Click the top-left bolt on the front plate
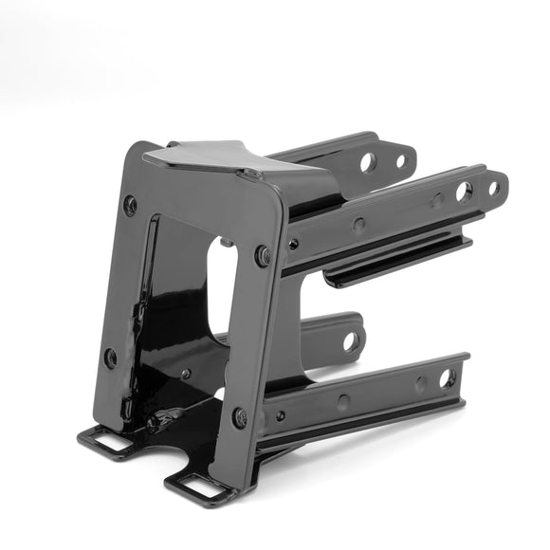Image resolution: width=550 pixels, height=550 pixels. click(x=130, y=205)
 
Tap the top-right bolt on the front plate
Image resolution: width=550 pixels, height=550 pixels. click(x=262, y=255)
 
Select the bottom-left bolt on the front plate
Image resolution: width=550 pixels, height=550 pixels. click(x=111, y=357)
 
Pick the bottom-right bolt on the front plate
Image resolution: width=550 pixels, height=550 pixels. click(x=241, y=417)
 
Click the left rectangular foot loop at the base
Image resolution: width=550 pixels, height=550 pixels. click(x=107, y=440)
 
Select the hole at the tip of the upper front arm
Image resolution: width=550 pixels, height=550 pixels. click(x=493, y=188)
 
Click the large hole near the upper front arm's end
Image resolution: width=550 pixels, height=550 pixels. click(x=463, y=192)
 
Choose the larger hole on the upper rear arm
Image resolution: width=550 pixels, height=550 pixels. click(x=368, y=162)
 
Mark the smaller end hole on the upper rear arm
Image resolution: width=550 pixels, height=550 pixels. click(x=400, y=160)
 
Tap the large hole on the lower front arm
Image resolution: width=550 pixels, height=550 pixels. click(x=446, y=378)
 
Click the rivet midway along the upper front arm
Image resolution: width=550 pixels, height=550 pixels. click(x=358, y=225)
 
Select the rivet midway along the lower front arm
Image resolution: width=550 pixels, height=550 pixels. click(x=342, y=402)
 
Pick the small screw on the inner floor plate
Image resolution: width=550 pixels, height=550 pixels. click(x=187, y=374)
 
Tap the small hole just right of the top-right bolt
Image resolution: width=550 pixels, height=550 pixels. click(x=293, y=244)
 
